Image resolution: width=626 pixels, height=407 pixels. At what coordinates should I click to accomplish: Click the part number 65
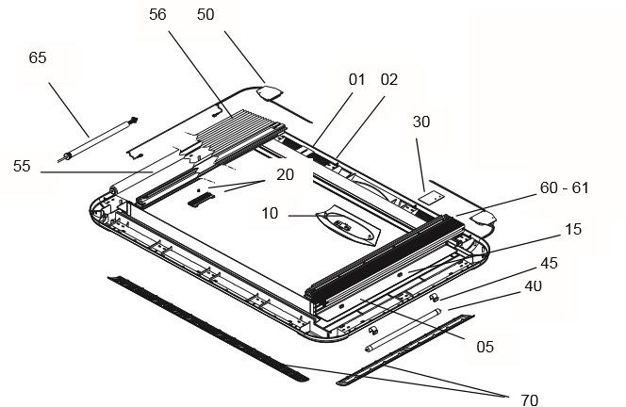click(x=38, y=57)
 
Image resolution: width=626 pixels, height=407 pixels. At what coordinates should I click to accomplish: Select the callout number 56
click(x=156, y=14)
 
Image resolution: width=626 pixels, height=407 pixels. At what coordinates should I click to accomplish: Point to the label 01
click(x=355, y=80)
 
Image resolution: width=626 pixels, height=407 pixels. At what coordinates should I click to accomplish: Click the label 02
click(x=388, y=80)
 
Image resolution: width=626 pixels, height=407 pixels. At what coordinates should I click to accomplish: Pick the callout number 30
click(x=421, y=122)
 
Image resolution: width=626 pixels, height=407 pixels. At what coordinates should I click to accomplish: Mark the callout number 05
click(x=484, y=347)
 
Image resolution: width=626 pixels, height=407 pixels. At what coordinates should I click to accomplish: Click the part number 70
click(x=529, y=399)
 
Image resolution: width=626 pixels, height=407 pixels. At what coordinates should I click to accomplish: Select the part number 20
click(x=284, y=174)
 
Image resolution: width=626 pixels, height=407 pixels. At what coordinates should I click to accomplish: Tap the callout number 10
click(x=270, y=215)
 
